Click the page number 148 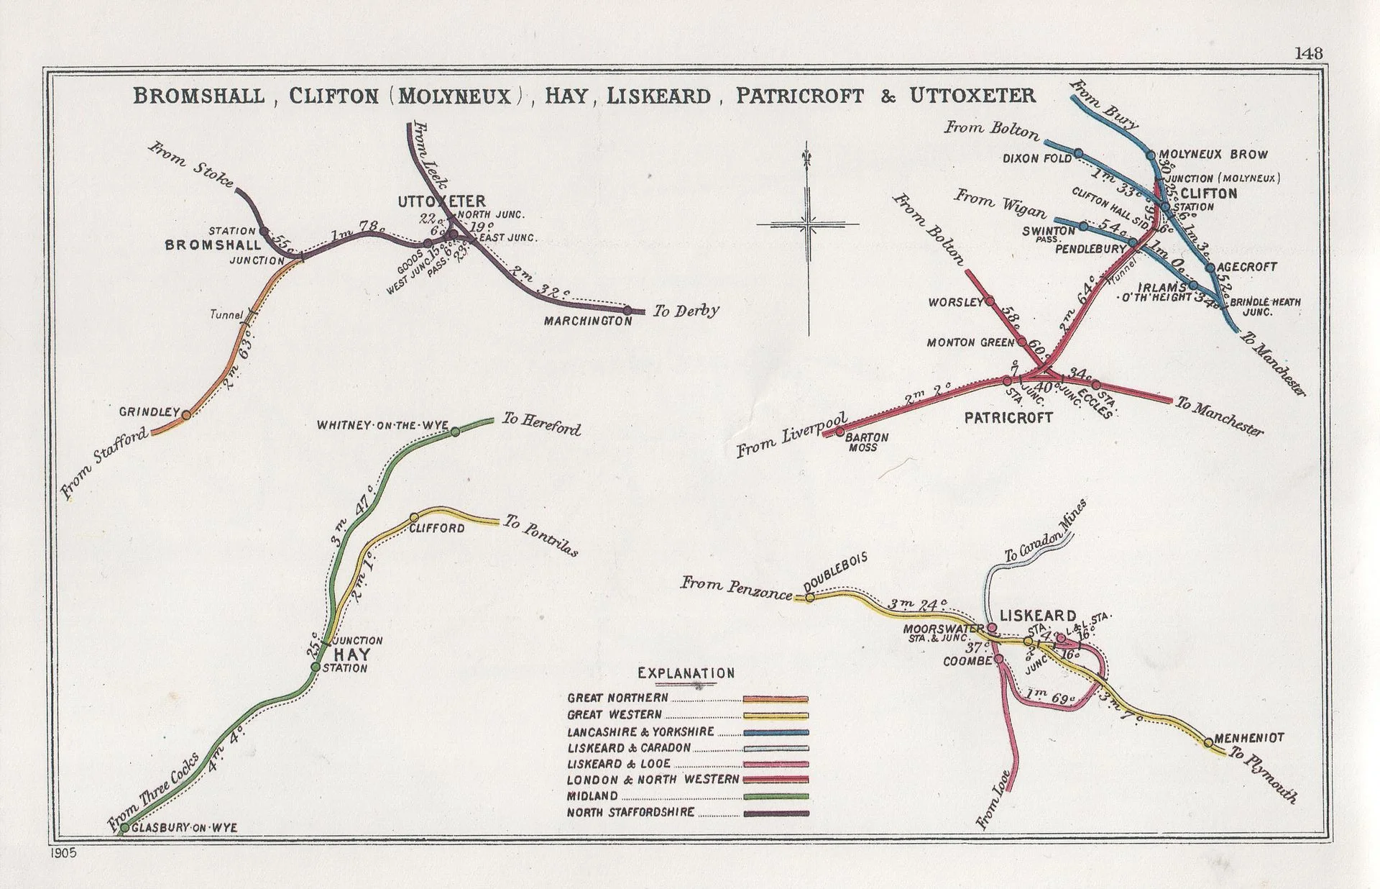(1308, 53)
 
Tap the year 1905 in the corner (63, 853)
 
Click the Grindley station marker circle (186, 415)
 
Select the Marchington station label (588, 321)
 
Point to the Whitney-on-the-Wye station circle (455, 432)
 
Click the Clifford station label (436, 529)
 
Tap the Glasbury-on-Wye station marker (124, 828)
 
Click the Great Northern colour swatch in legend (775, 698)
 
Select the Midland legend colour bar (775, 796)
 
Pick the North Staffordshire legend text (630, 813)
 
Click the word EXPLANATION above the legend (686, 674)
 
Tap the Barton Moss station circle (839, 432)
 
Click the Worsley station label (954, 302)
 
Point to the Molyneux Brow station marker (1150, 155)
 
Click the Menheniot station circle (1208, 742)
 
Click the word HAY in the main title (566, 96)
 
